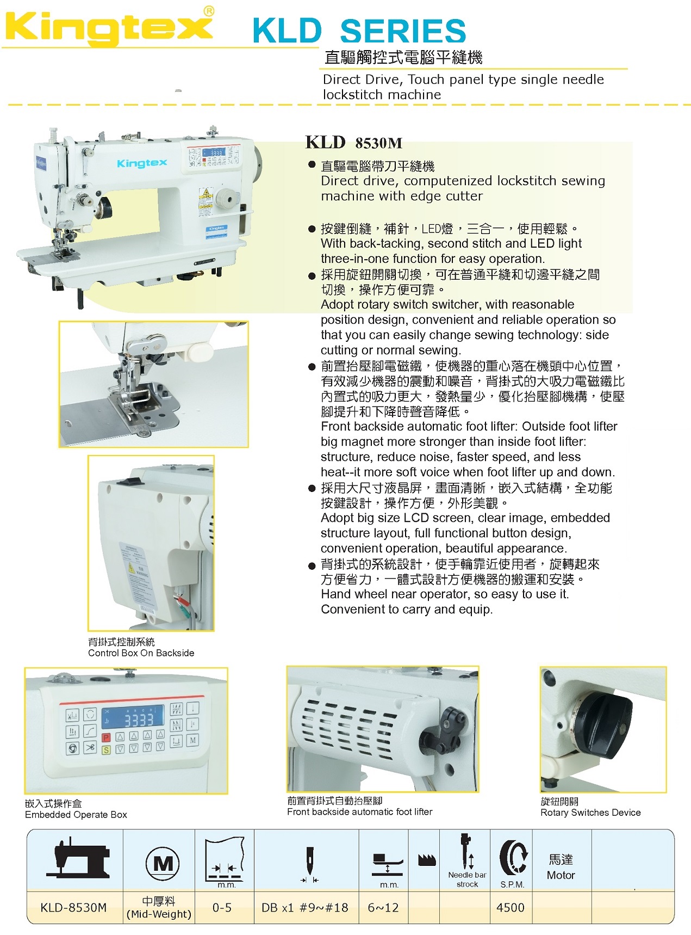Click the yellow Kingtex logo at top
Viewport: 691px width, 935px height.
[109, 27]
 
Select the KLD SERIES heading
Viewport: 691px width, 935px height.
[359, 31]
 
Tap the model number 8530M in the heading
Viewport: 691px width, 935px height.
[379, 143]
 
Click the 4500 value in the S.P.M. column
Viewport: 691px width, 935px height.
[511, 907]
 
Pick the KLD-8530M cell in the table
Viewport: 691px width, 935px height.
[73, 907]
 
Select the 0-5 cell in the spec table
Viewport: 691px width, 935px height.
[222, 907]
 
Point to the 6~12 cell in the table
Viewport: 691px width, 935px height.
[383, 907]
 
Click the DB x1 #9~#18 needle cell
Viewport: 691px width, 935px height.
[305, 907]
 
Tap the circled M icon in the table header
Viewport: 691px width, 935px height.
[163, 863]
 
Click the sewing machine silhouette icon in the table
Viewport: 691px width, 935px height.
[78, 858]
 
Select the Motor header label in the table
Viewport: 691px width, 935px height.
[561, 875]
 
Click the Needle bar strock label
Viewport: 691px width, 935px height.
[467, 879]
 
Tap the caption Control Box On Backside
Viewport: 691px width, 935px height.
[141, 653]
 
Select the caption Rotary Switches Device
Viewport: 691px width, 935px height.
[590, 813]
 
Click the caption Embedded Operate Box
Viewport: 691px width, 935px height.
[76, 815]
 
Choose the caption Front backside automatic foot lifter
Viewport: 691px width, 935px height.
[360, 812]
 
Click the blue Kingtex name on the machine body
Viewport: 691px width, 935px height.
[142, 163]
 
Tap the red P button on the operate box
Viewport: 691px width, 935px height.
[106, 737]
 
